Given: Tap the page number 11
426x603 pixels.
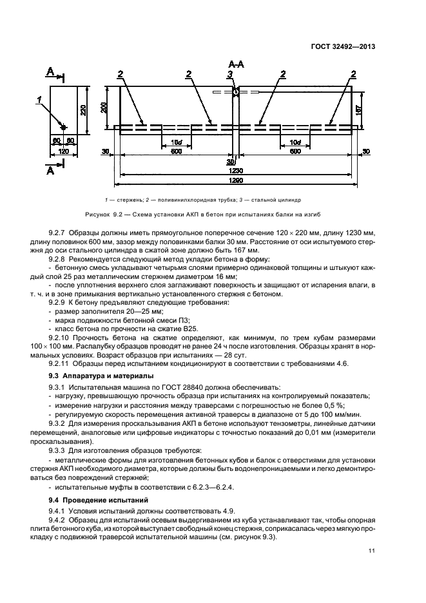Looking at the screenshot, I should [x=373, y=551].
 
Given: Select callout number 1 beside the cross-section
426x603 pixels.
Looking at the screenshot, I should [x=39, y=99].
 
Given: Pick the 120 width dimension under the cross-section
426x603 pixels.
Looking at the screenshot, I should [x=63, y=150].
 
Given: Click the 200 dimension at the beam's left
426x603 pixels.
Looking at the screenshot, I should [x=104, y=108].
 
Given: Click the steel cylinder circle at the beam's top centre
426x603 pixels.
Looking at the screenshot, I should [x=236, y=92].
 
